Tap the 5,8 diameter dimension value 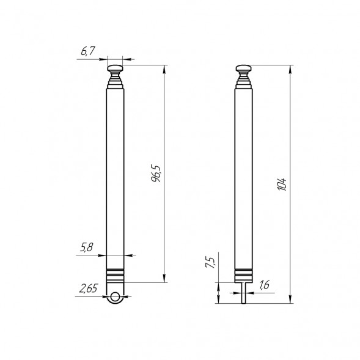coord(86,248)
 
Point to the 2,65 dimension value coord(89,288)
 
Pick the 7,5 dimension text coord(211,263)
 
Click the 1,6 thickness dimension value coord(264,285)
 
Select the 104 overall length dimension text coord(281,184)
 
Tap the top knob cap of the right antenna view coord(244,68)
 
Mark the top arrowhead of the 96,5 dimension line coord(165,67)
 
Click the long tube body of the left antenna coord(116,177)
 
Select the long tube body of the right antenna coord(244,177)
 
